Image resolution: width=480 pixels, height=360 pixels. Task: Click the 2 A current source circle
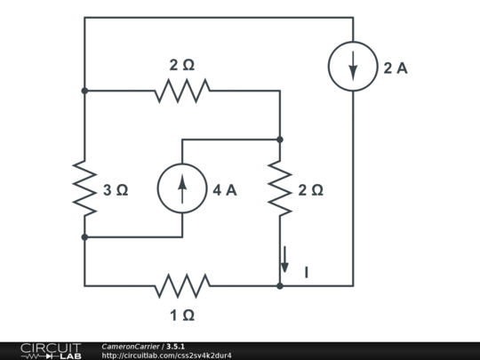353,67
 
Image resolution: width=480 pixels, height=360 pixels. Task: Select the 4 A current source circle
182,188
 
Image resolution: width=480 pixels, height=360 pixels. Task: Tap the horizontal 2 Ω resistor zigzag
182,90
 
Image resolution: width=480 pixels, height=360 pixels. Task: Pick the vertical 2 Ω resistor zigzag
280,188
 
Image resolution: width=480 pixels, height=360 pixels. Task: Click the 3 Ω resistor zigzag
84,188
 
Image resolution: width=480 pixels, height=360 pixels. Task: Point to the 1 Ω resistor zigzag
182,285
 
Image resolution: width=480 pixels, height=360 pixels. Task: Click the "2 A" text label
396,68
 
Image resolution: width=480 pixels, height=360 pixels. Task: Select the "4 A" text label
225,189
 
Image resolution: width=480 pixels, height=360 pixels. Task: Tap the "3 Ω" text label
116,189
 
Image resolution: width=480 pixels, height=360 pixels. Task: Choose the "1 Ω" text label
182,315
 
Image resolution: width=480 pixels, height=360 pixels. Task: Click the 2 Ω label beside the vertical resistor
310,189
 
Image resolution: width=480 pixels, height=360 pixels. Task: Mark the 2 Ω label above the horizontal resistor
182,65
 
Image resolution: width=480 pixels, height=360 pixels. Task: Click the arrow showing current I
285,260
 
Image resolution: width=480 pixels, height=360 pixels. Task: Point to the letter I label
307,273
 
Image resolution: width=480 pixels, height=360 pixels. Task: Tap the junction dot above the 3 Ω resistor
84,90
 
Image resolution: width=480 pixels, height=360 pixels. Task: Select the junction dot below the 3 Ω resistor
84,237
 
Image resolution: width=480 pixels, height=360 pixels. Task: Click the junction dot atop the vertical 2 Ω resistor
280,140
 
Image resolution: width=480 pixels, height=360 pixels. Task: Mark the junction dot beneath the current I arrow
280,285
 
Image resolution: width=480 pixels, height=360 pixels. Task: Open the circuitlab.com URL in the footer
166,356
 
